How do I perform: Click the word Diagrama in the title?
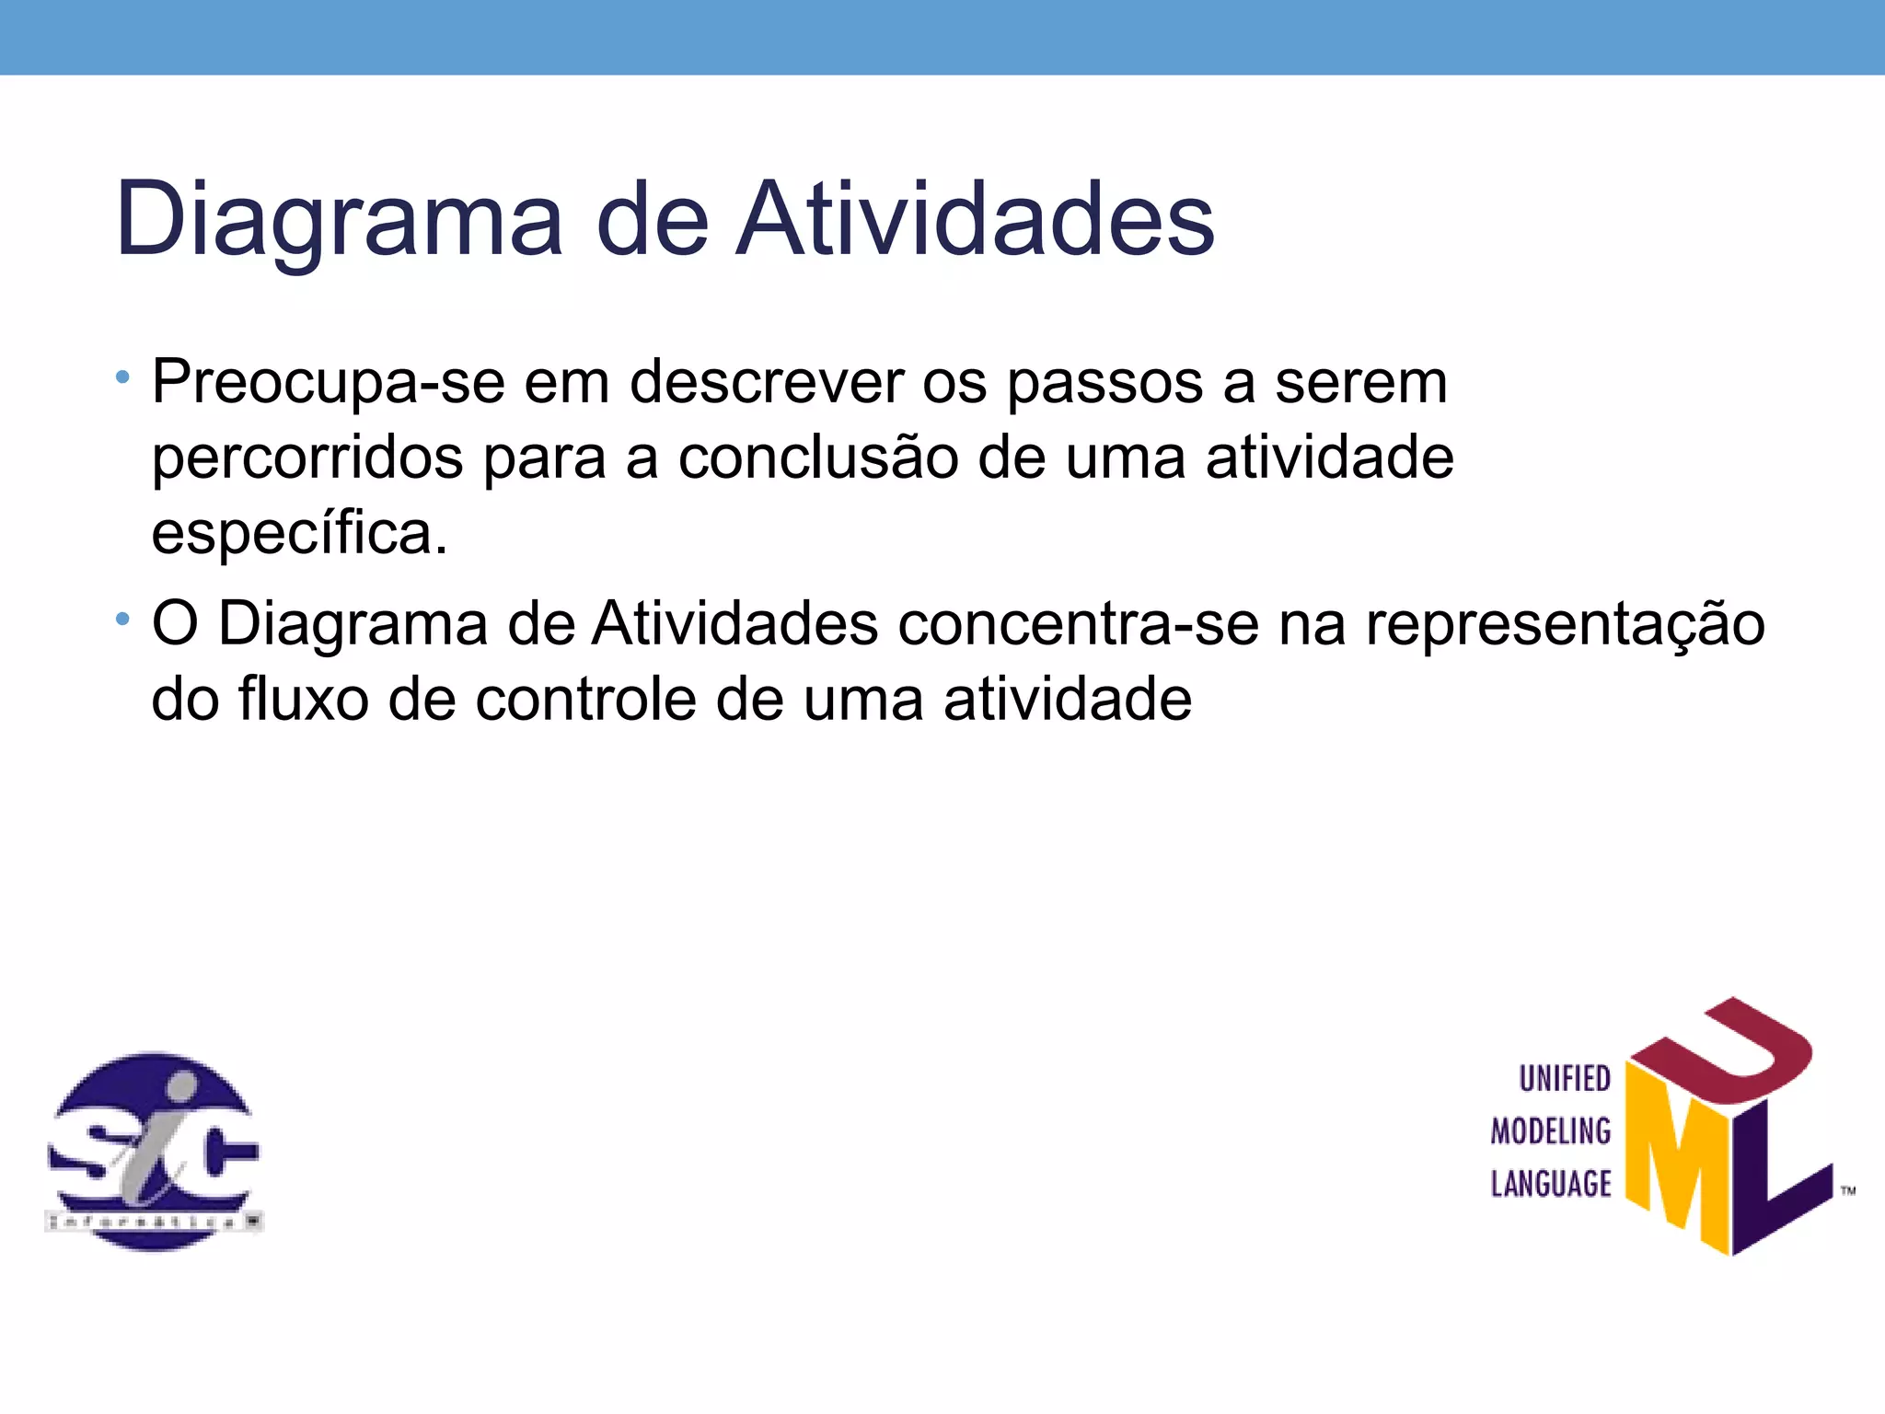[x=338, y=221]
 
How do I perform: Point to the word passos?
[x=1104, y=383]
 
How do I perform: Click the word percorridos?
[x=307, y=458]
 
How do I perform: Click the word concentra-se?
[x=1078, y=624]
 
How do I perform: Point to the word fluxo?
[x=304, y=700]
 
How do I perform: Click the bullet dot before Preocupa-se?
[x=122, y=377]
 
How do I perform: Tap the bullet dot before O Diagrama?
[x=122, y=619]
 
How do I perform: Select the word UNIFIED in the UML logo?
[x=1564, y=1078]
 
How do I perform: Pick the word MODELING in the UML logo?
[x=1551, y=1130]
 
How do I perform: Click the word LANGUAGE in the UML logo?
[x=1551, y=1184]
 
